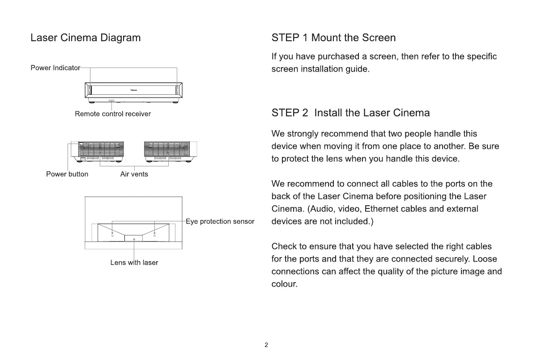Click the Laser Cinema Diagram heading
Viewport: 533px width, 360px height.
(85, 38)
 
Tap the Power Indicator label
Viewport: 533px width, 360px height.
(55, 68)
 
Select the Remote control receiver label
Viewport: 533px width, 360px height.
(113, 114)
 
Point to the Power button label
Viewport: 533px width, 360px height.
(67, 174)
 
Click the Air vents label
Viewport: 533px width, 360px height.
(134, 174)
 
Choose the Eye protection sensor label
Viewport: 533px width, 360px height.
(220, 221)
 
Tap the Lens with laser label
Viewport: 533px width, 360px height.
(134, 263)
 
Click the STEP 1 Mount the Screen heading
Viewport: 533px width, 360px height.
(333, 38)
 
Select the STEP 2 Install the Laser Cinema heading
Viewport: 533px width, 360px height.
(350, 113)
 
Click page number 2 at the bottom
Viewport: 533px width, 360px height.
(266, 345)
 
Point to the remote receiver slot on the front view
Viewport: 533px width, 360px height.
(111, 101)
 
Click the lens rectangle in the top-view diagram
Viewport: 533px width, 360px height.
(134, 238)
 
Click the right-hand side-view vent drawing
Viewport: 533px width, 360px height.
(170, 152)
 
